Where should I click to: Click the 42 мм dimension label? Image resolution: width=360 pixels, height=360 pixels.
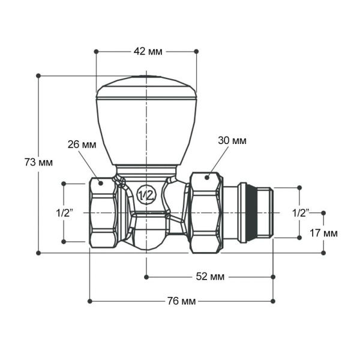pyautogui.click(x=146, y=52)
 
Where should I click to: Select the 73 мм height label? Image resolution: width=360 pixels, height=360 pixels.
pyautogui.click(x=38, y=163)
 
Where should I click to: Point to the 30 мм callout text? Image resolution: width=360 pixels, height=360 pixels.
pyautogui.click(x=232, y=140)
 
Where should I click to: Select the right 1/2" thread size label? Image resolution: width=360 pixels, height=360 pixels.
pyautogui.click(x=300, y=213)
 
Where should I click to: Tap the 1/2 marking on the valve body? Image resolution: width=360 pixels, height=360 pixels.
pyautogui.click(x=146, y=195)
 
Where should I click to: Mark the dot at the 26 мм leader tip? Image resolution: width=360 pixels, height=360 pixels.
pyautogui.click(x=101, y=182)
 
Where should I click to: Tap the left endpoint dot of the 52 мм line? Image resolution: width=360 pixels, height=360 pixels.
pyautogui.click(x=146, y=277)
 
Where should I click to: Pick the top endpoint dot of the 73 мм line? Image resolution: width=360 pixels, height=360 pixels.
pyautogui.click(x=38, y=76)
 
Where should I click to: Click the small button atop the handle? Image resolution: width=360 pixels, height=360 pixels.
pyautogui.click(x=146, y=78)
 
